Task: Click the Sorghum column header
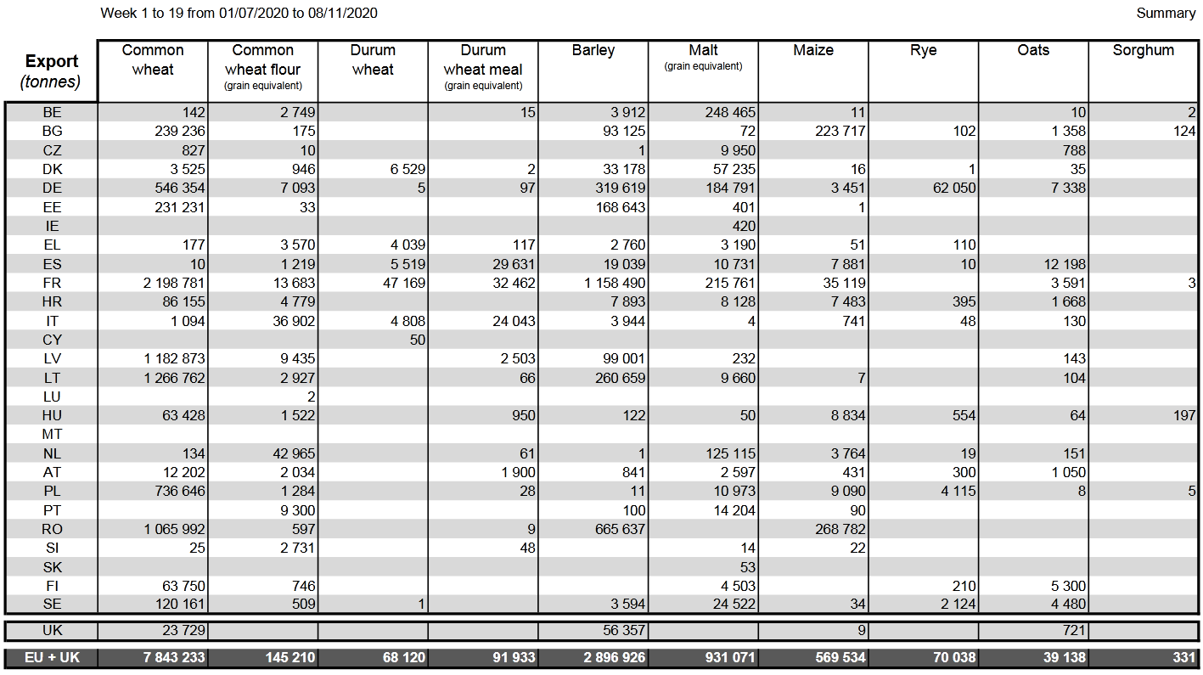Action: click(1143, 50)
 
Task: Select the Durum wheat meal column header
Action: click(482, 60)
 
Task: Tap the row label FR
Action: click(52, 283)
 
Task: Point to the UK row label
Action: click(52, 631)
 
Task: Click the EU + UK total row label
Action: click(52, 657)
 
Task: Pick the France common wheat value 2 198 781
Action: click(174, 283)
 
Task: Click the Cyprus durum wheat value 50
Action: click(416, 340)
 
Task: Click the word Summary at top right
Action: click(1166, 13)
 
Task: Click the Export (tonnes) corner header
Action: click(51, 70)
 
